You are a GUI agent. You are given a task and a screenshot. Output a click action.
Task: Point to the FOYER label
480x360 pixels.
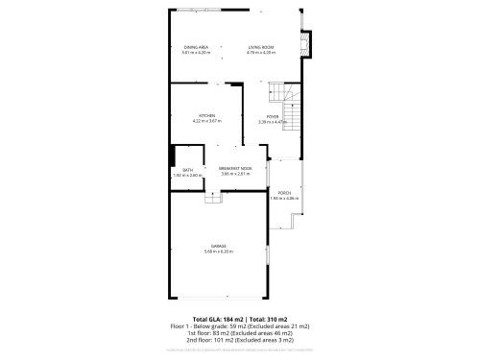pyautogui.click(x=274, y=116)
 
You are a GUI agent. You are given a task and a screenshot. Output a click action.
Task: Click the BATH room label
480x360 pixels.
pyautogui.click(x=187, y=170)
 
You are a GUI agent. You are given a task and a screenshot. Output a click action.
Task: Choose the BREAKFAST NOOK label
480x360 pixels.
pyautogui.click(x=235, y=168)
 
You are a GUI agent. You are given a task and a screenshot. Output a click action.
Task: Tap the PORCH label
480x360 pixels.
pyautogui.click(x=285, y=193)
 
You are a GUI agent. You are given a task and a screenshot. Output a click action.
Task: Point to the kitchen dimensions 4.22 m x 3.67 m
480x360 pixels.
pyautogui.click(x=207, y=121)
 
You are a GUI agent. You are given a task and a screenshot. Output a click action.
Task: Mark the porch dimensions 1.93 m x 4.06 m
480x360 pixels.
pyautogui.click(x=285, y=198)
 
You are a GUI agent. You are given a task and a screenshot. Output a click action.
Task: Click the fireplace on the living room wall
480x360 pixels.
pyautogui.click(x=307, y=46)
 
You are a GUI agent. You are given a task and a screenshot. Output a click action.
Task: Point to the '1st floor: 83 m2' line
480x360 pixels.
pyautogui.click(x=240, y=333)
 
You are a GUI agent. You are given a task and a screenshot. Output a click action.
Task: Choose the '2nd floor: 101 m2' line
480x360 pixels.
pyautogui.click(x=240, y=340)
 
